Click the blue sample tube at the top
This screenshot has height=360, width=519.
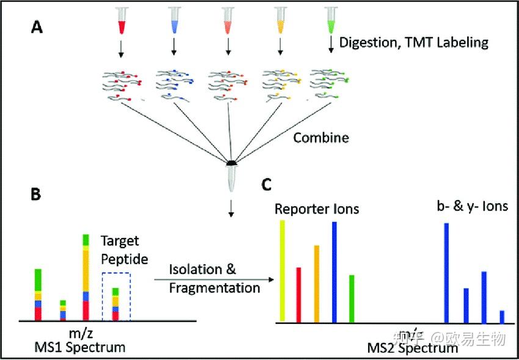point(175,21)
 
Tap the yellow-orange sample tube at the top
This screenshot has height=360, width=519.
point(281,21)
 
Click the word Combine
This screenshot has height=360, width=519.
point(321,137)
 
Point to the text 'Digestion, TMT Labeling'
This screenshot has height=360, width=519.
point(414,42)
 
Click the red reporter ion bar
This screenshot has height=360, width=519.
point(299,294)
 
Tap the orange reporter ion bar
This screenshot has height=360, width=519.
point(316,283)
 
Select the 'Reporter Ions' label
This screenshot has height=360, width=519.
point(316,209)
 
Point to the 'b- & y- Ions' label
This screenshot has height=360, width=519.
point(468,207)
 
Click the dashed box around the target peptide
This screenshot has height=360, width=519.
point(116,297)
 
